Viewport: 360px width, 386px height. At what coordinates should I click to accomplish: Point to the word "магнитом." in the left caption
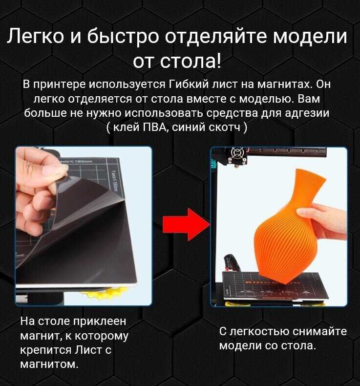pos(49,364)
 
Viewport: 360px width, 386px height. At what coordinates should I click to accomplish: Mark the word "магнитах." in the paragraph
pos(285,84)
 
